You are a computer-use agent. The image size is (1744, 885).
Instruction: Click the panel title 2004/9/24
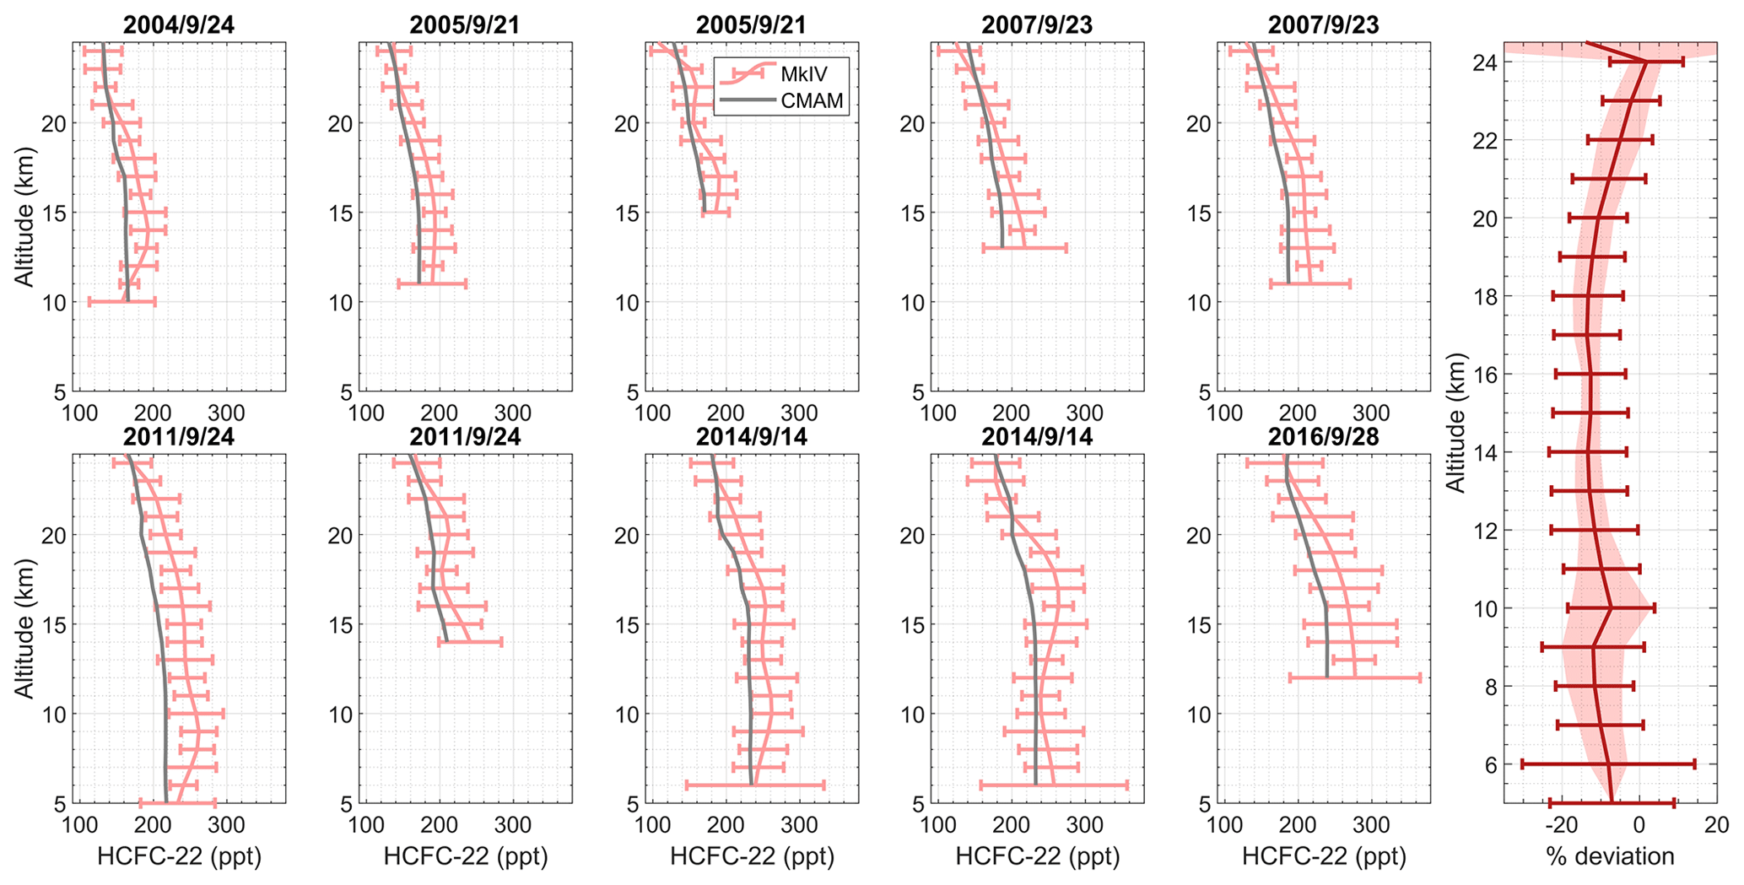179,25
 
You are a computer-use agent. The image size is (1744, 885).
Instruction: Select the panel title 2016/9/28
1323,437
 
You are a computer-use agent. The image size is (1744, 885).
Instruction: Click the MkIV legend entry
803,73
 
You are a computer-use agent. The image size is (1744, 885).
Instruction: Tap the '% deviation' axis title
1610,857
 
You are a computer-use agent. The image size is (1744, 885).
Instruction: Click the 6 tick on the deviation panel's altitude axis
1491,764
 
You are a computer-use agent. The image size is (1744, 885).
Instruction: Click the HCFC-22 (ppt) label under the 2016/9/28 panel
1324,857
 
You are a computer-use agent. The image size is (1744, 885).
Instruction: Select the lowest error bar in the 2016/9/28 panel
1355,677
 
